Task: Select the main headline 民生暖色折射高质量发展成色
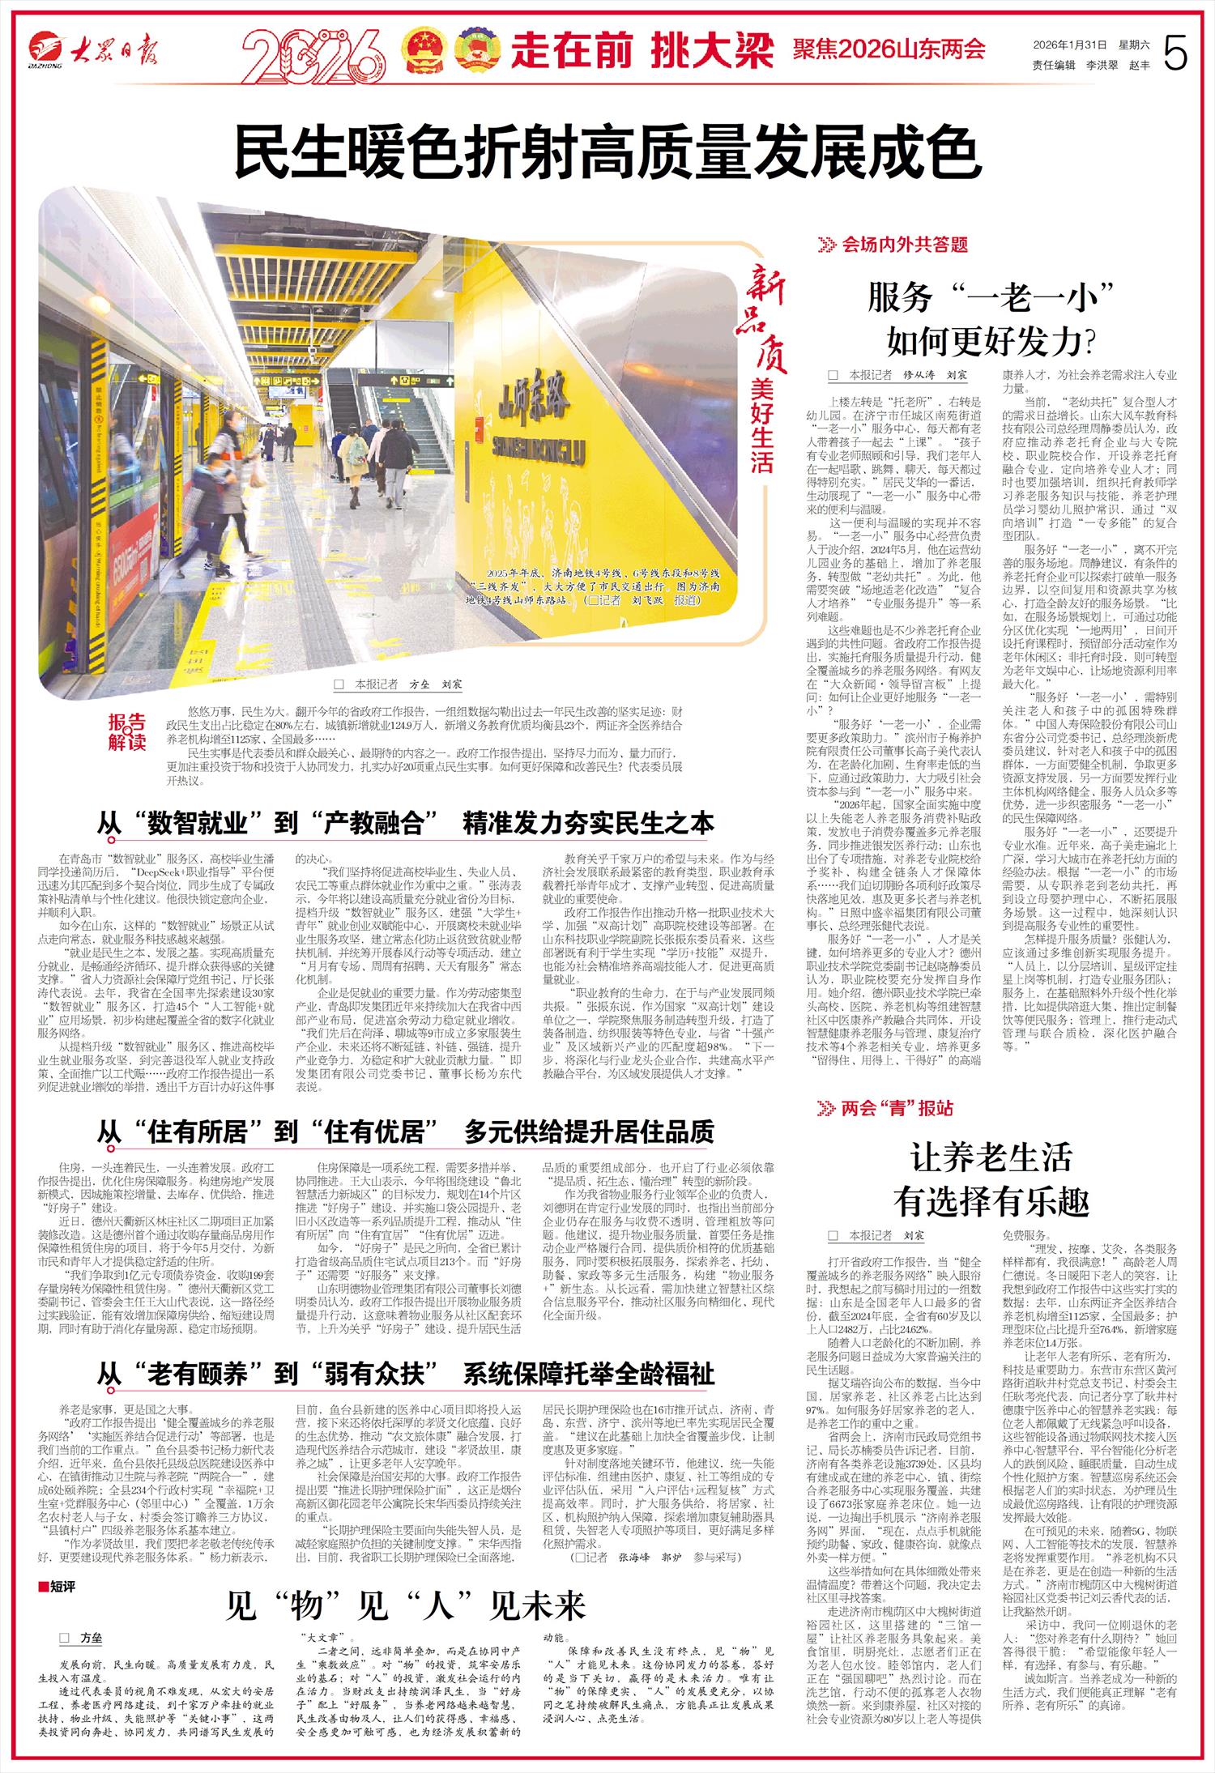607,151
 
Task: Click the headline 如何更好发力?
991,342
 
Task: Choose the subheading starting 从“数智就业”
405,823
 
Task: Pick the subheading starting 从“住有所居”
405,1132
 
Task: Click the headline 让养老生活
991,1157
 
